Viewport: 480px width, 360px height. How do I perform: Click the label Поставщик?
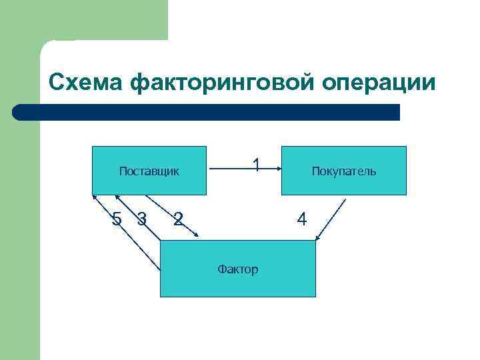click(x=149, y=171)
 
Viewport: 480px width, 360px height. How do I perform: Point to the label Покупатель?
click(x=343, y=171)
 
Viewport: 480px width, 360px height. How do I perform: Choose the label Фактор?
click(x=237, y=269)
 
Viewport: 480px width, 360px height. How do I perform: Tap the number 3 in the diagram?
click(x=141, y=217)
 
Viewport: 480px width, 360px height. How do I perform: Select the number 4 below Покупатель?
click(x=301, y=218)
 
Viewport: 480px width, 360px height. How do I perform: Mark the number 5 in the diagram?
click(x=117, y=217)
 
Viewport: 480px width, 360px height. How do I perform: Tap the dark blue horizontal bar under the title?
click(x=207, y=112)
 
